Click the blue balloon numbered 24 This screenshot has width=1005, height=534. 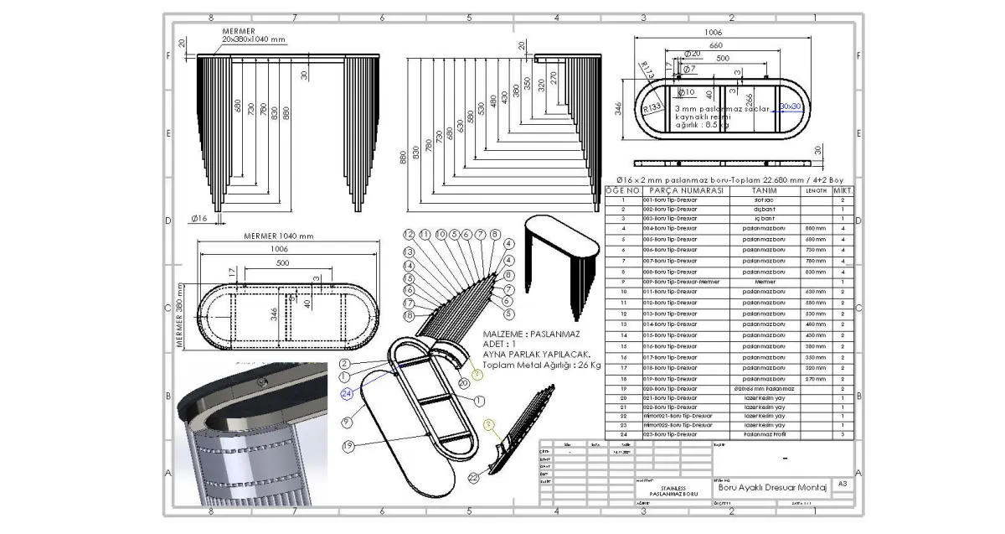click(346, 392)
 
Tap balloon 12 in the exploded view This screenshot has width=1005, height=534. click(410, 235)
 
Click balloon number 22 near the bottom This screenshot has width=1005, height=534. click(474, 478)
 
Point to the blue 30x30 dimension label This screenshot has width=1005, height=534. click(791, 107)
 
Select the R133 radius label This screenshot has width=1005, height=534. click(653, 108)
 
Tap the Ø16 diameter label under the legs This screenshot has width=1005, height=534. click(198, 218)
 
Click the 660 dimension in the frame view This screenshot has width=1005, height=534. click(716, 45)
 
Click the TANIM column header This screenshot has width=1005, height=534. click(765, 190)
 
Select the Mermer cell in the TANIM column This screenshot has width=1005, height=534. click(765, 283)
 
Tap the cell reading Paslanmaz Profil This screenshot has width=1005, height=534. click(765, 434)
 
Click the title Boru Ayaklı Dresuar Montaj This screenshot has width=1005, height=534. click(770, 487)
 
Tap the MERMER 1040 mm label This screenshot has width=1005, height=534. click(278, 236)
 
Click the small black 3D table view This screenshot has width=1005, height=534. click(562, 251)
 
